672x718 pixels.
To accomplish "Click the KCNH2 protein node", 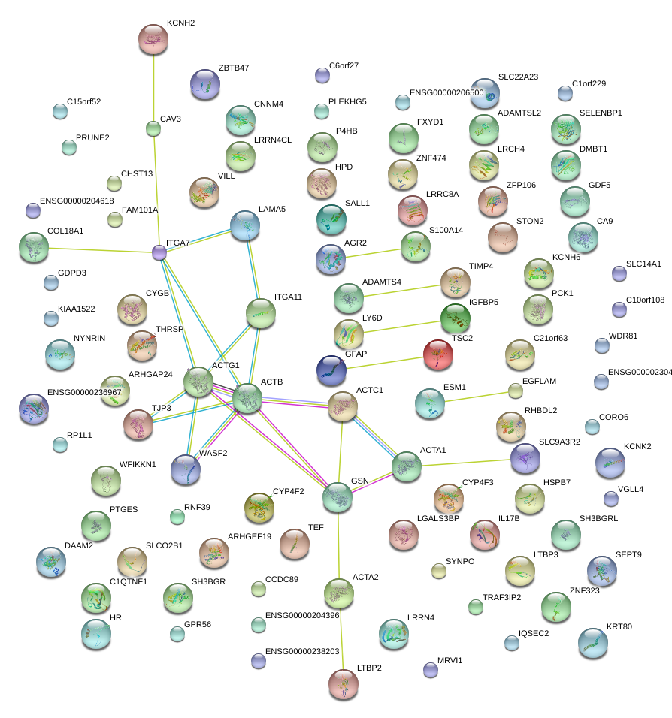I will pyautogui.click(x=153, y=39).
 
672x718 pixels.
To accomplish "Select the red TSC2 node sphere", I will pyautogui.click(x=437, y=354).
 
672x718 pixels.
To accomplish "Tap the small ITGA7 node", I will pyautogui.click(x=159, y=252).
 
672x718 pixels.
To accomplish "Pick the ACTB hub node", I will pyautogui.click(x=247, y=398).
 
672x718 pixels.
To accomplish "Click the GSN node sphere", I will pyautogui.click(x=338, y=497).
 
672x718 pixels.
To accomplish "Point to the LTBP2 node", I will pyautogui.click(x=344, y=683).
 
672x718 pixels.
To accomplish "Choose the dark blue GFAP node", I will pyautogui.click(x=331, y=370).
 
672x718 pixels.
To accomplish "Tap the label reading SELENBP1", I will pyautogui.click(x=601, y=113).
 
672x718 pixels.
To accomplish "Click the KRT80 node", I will pyautogui.click(x=593, y=643).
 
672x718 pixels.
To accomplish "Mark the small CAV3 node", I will pyautogui.click(x=153, y=129).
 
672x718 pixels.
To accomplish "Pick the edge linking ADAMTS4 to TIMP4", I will pyautogui.click(x=402, y=291).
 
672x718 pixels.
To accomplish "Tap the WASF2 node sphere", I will pyautogui.click(x=186, y=469).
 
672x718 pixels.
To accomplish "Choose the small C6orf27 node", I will pyautogui.click(x=322, y=74).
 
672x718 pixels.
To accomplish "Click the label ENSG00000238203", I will pyautogui.click(x=303, y=651).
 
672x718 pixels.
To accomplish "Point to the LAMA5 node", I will pyautogui.click(x=245, y=225).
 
